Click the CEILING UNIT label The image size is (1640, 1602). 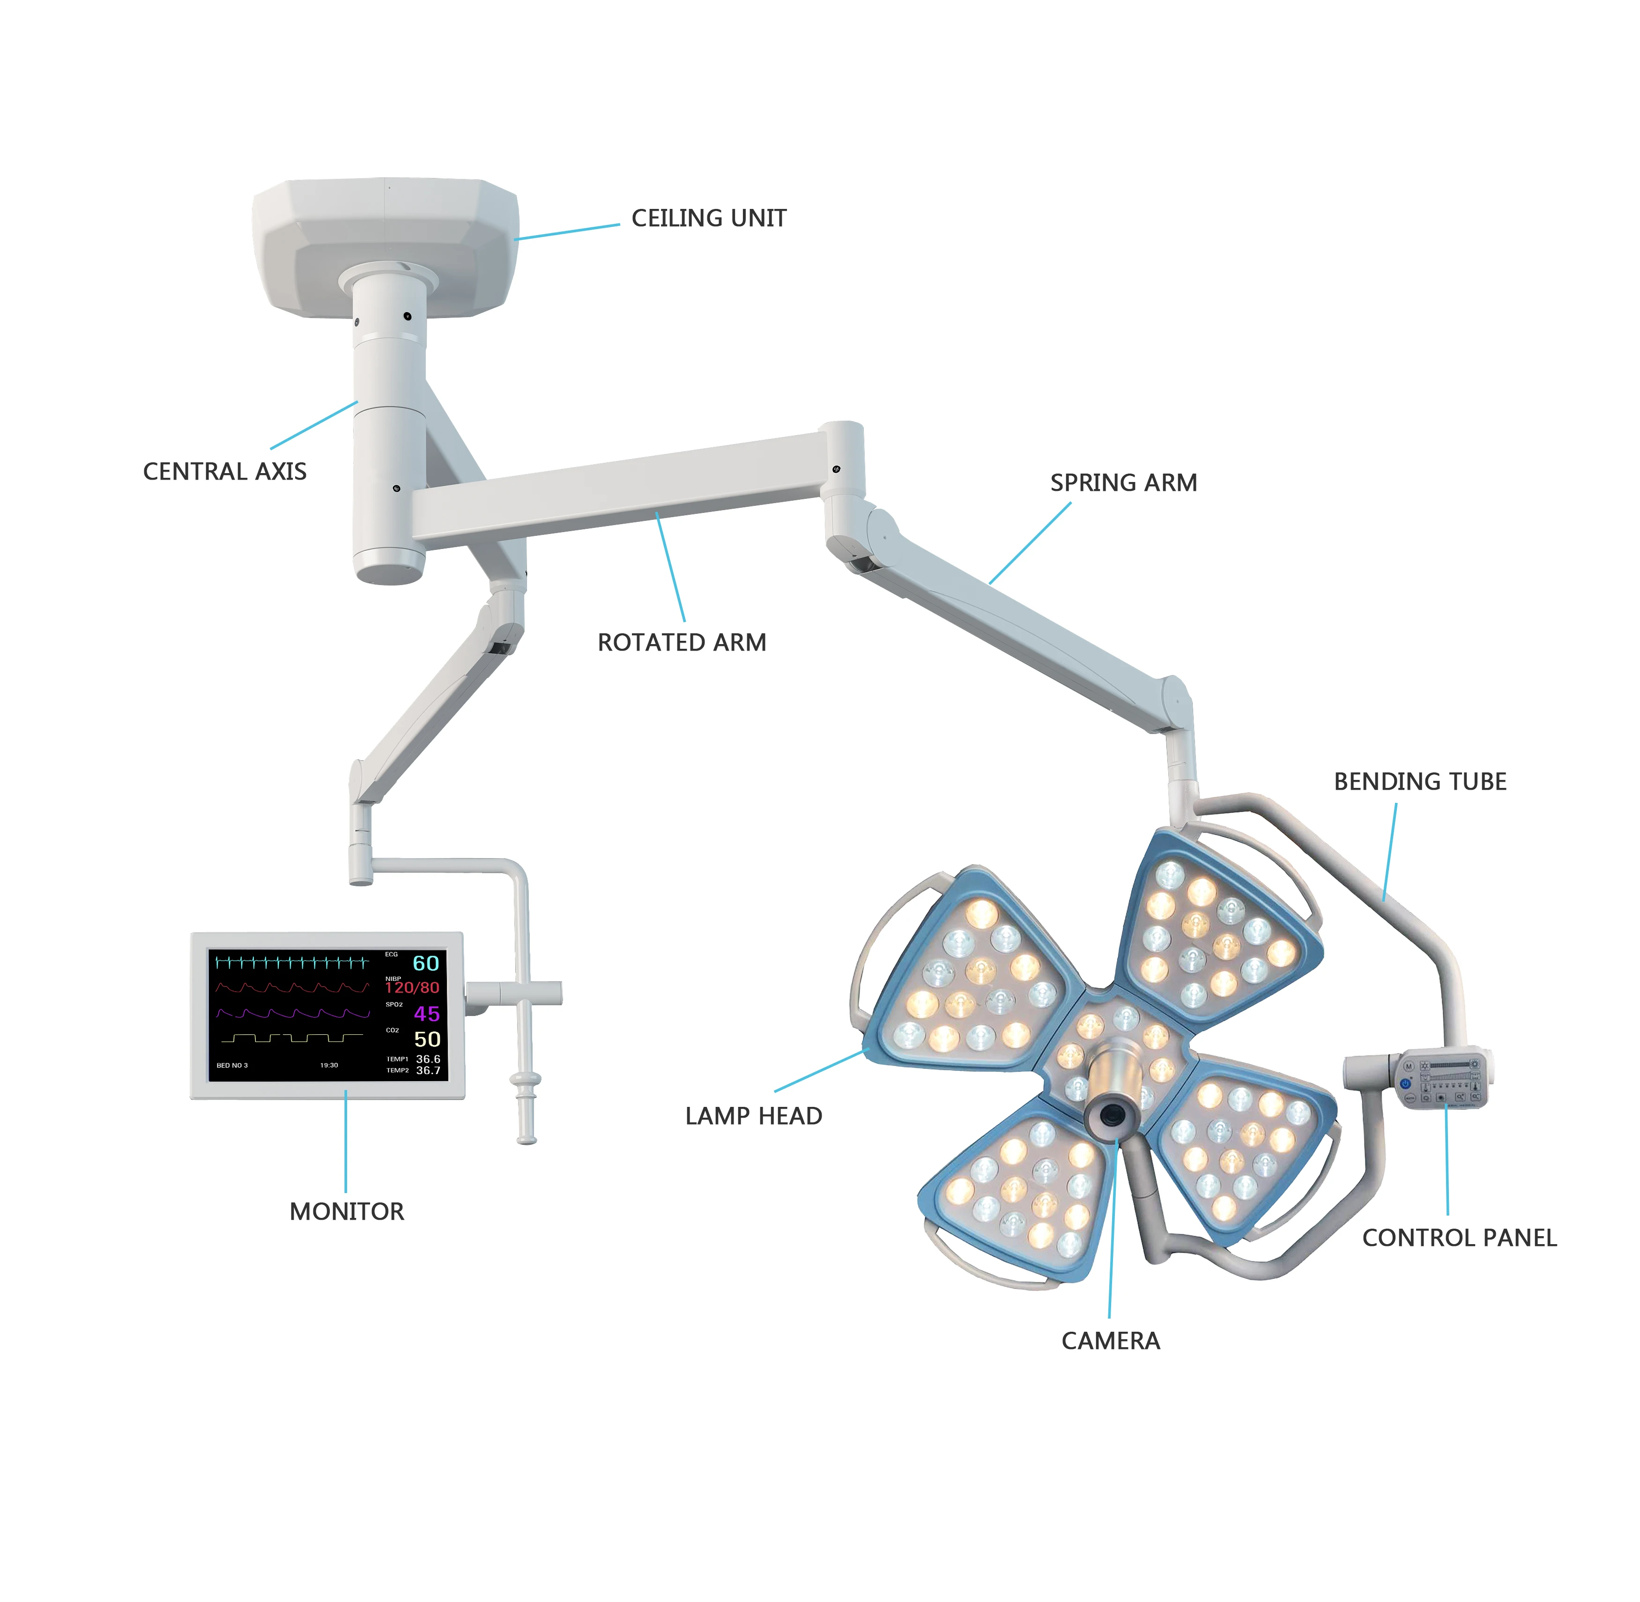click(x=708, y=219)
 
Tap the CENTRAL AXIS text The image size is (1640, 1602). click(x=225, y=472)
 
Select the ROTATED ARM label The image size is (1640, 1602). click(x=682, y=643)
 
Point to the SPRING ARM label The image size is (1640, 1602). click(x=1123, y=483)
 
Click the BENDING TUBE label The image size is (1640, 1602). click(x=1419, y=782)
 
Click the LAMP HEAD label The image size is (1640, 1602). click(x=753, y=1117)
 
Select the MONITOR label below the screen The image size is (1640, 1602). click(x=347, y=1212)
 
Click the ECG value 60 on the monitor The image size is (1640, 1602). click(x=426, y=964)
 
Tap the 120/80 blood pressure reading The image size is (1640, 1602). click(x=412, y=988)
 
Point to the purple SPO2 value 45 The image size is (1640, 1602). click(x=427, y=1014)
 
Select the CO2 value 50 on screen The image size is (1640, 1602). click(x=427, y=1040)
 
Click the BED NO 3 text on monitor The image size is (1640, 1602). click(x=232, y=1065)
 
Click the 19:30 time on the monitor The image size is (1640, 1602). click(x=329, y=1065)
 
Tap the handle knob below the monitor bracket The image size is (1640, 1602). click(x=527, y=1080)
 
